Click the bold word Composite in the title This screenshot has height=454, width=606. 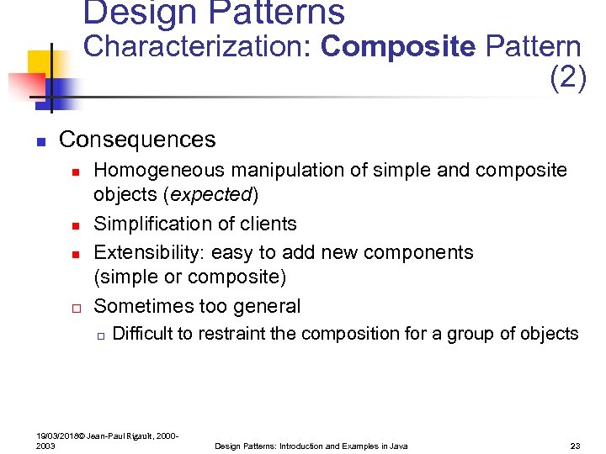pos(397,47)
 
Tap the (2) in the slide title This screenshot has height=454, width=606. pos(567,78)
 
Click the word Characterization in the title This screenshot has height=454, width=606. pos(199,47)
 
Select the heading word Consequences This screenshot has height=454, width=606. pos(137,140)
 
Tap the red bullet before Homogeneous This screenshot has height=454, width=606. pos(75,172)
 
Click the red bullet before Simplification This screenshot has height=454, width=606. pos(75,225)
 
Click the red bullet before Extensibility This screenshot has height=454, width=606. pos(75,254)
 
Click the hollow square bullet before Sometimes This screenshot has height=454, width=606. pos(75,307)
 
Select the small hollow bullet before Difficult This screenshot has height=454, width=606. pos(99,335)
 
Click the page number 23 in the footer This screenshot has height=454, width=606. pos(576,446)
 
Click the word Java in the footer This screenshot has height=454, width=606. pos(398,446)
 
